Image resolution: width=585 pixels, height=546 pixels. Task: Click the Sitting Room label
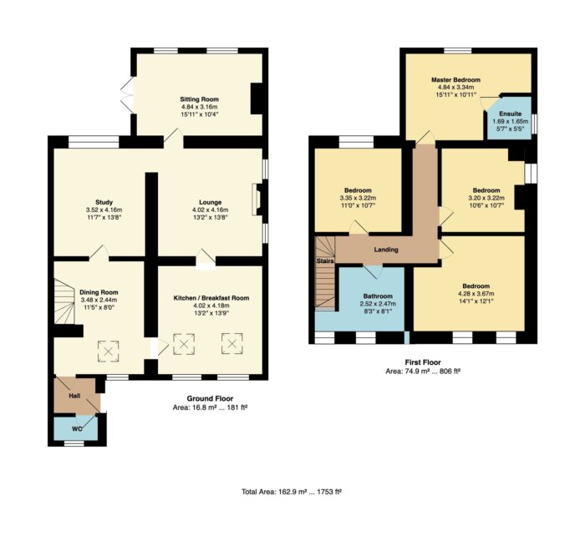(x=199, y=99)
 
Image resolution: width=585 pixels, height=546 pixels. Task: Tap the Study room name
(x=104, y=202)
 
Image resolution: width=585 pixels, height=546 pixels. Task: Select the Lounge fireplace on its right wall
(x=257, y=199)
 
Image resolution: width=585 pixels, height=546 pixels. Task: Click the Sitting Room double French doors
(x=127, y=94)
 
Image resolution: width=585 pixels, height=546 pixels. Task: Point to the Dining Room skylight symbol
(x=108, y=351)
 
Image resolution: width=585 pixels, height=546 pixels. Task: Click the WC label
(x=77, y=429)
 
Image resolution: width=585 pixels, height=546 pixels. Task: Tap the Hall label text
(x=74, y=396)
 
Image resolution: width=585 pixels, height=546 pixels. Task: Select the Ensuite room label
(x=511, y=114)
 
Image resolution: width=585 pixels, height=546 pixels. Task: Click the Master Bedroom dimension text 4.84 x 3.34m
(x=455, y=87)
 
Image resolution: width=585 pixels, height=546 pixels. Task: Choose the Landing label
(x=386, y=250)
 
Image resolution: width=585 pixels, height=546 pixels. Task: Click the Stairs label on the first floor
(x=325, y=260)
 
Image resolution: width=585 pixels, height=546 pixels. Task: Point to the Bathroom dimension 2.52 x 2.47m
(x=378, y=304)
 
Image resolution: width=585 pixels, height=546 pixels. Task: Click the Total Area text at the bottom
(x=292, y=492)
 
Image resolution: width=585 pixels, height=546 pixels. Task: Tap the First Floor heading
(x=423, y=362)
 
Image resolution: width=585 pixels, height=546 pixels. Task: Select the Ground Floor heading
(x=210, y=399)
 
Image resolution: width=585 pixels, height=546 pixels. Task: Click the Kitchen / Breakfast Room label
(x=211, y=298)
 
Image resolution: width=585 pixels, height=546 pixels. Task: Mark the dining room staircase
(x=64, y=301)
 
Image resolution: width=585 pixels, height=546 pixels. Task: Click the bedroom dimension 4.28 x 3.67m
(x=476, y=294)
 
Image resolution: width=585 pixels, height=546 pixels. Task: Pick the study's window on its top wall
(x=94, y=142)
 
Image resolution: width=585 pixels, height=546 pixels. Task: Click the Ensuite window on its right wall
(x=534, y=124)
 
